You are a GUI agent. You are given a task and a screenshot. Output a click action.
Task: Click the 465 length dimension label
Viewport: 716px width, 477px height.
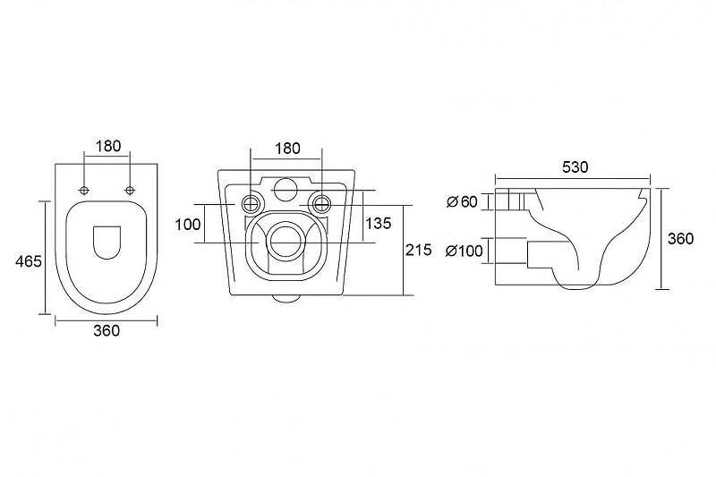click(29, 261)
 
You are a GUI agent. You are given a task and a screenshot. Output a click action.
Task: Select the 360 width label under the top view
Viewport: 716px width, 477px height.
click(107, 330)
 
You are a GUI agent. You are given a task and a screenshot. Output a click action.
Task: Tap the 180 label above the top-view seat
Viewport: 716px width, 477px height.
click(108, 146)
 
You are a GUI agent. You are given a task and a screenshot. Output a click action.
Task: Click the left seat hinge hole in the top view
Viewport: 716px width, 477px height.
click(84, 190)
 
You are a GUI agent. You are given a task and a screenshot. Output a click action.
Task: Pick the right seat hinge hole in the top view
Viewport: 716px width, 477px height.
click(130, 190)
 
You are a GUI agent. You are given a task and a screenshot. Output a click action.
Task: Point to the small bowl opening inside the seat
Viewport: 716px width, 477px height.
click(107, 243)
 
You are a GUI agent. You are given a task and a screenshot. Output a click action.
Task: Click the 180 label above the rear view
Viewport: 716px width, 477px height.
click(287, 149)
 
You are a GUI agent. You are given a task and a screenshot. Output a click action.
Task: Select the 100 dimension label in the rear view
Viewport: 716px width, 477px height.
click(188, 224)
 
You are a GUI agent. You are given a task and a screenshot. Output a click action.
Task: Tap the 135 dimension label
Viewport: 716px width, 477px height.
click(379, 223)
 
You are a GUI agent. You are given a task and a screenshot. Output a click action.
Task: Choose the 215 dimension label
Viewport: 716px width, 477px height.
click(418, 250)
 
